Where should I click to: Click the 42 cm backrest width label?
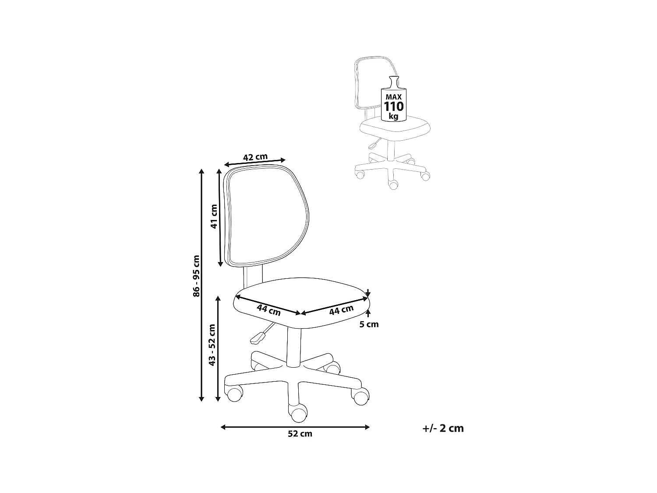[x=255, y=157]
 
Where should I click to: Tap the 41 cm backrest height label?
[x=214, y=216]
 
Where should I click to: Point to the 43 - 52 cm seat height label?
[x=212, y=345]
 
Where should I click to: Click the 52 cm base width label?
[x=300, y=434]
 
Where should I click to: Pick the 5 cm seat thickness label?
[x=369, y=324]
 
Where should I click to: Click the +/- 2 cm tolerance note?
[x=443, y=428]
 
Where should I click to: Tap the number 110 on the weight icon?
[x=394, y=106]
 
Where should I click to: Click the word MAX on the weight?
[x=394, y=96]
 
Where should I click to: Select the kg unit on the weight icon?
[x=393, y=117]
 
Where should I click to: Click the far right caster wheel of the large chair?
[x=360, y=397]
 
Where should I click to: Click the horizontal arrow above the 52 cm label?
[x=295, y=427]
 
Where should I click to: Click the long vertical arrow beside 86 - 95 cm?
[x=201, y=285]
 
